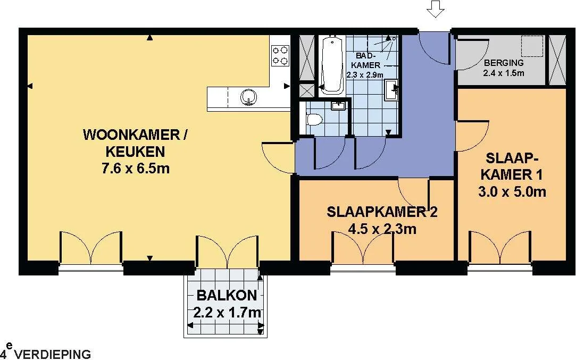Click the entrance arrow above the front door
[x=435, y=9]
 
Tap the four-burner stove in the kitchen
[x=280, y=55]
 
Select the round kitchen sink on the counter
[x=249, y=97]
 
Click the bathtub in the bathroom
[x=332, y=65]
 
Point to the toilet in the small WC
[x=313, y=120]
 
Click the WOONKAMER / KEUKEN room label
[x=135, y=143]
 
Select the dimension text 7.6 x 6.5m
[x=136, y=168]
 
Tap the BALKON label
[x=227, y=295]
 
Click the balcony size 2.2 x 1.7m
[x=227, y=313]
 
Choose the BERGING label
[x=504, y=63]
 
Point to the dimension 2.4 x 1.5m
[x=504, y=73]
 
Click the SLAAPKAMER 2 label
[x=382, y=212]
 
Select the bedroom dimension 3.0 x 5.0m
[x=512, y=191]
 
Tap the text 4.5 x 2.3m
[x=382, y=229]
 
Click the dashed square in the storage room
[x=532, y=46]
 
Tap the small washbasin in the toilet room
[x=337, y=106]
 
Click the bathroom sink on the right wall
[x=391, y=89]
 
